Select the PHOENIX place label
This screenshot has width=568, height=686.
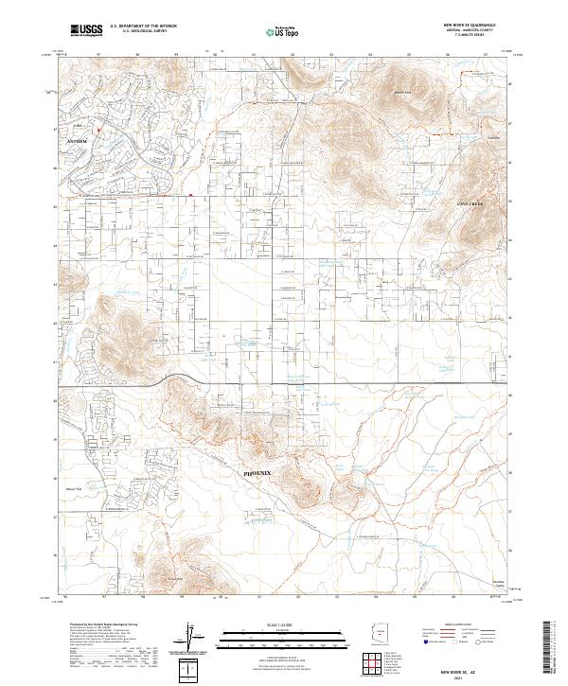click(x=257, y=470)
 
